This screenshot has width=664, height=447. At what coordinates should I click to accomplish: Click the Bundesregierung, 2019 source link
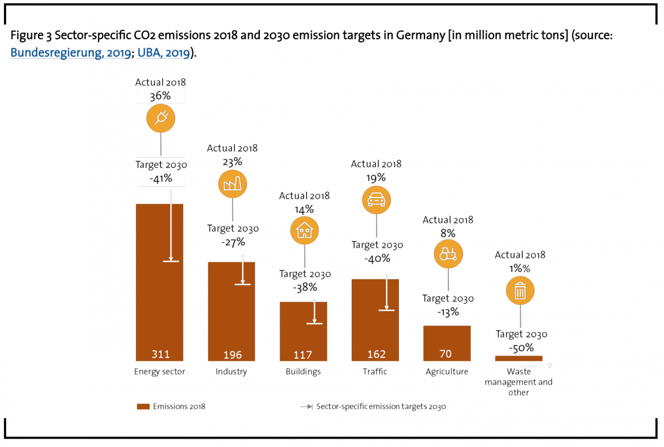[71, 53]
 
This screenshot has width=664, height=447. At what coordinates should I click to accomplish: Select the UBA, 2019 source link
[163, 53]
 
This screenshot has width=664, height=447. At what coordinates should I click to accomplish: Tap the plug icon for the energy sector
[161, 118]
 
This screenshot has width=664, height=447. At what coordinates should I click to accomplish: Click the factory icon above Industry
[232, 184]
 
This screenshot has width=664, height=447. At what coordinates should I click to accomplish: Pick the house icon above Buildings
[305, 231]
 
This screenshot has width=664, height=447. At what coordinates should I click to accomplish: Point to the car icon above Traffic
[376, 199]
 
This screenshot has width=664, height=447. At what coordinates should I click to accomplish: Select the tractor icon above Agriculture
[448, 254]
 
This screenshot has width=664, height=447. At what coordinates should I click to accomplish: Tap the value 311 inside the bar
[160, 355]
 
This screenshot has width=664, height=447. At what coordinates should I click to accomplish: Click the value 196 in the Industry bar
[232, 355]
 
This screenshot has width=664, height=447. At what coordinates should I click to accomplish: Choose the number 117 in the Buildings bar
[303, 355]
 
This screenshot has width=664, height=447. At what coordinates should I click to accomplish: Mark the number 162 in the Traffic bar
[376, 354]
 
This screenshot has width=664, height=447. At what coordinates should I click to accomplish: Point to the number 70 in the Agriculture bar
[446, 354]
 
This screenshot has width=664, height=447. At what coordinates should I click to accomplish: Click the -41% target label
[161, 179]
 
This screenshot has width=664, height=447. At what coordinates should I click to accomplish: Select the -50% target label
[521, 347]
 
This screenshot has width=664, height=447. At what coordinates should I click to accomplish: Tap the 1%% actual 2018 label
[520, 269]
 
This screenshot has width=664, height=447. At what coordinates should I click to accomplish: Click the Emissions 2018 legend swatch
[143, 407]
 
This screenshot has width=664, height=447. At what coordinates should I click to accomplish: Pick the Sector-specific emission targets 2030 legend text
[381, 407]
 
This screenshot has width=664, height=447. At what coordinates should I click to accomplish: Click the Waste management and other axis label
[518, 382]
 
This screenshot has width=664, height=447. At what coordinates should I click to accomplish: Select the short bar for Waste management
[519, 358]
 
